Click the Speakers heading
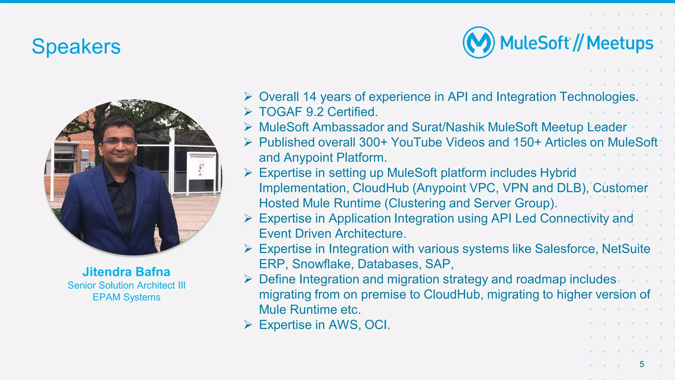tap(76, 46)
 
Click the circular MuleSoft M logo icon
tap(479, 43)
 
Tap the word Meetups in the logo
tap(620, 44)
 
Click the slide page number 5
tap(641, 364)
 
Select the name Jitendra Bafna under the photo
tap(126, 272)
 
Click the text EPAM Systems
tap(126, 297)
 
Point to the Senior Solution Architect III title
tap(126, 285)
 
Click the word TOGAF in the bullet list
tap(280, 112)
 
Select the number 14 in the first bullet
tap(309, 97)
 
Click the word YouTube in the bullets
tap(416, 142)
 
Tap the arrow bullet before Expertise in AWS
tap(248, 325)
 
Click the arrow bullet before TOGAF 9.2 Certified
tap(248, 112)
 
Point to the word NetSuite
tap(626, 249)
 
